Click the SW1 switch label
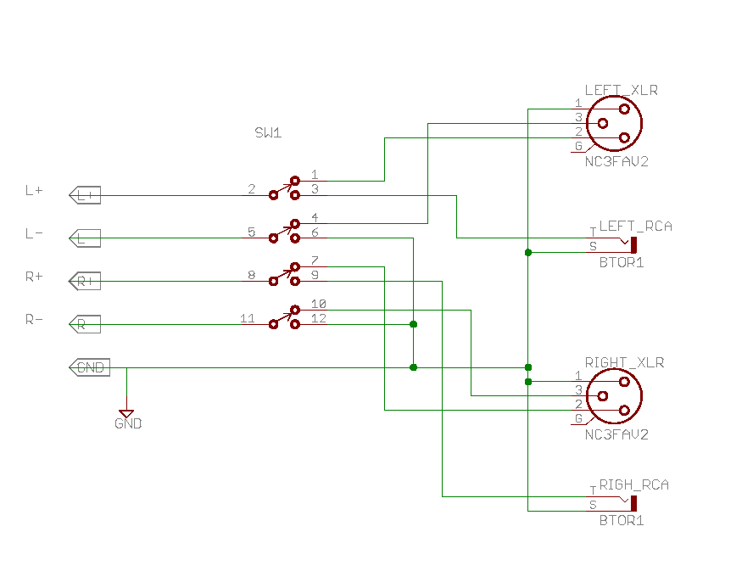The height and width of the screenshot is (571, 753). coord(268,133)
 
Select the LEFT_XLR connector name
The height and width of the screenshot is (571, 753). coord(621,90)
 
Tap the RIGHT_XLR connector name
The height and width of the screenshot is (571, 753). coord(624,362)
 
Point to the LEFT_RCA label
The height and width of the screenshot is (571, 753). coord(636,227)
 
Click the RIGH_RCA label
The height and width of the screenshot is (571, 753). coord(633,484)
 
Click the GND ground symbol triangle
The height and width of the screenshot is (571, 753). coord(127,414)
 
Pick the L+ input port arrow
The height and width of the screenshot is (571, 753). coord(85,195)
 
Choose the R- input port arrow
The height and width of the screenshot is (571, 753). coord(85,324)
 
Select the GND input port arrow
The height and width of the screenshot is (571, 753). coord(87,367)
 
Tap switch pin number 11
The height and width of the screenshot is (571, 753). coord(247,318)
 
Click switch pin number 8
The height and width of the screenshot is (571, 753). coord(251,275)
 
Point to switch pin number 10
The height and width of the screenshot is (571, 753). coord(319,304)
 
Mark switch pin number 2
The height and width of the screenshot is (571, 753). coord(251,188)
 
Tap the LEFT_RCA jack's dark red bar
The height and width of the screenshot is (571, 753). coord(633,245)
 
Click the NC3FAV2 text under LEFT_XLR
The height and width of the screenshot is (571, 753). coord(616,161)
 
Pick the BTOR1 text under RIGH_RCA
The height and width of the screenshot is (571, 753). coord(622,520)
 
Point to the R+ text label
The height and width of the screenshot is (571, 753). coord(34,277)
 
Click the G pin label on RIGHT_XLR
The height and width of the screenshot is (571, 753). coord(578,418)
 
